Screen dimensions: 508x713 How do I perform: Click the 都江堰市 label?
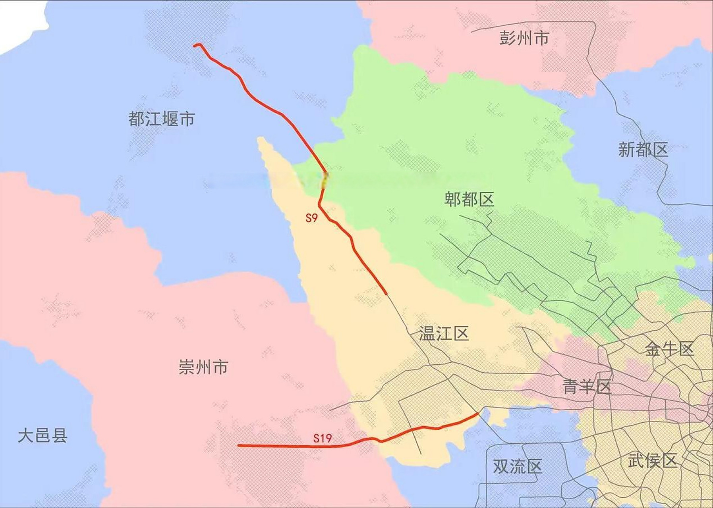[x=161, y=119]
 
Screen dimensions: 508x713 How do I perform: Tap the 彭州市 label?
[x=524, y=38]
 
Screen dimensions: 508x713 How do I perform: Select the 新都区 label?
[x=643, y=150]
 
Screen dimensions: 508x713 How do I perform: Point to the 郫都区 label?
[x=469, y=199]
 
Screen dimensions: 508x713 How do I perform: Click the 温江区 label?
[x=444, y=333]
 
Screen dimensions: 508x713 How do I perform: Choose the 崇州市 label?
[x=203, y=367]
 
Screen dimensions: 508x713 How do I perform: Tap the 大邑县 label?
[x=43, y=435]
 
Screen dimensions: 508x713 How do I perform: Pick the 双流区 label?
[x=517, y=466]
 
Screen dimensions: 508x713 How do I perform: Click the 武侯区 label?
[x=652, y=461]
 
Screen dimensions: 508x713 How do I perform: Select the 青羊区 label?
[x=587, y=387]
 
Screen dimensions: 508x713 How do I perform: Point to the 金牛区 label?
[x=669, y=349]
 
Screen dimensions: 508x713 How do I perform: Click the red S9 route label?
[x=311, y=218]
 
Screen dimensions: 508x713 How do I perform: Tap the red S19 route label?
[x=322, y=438]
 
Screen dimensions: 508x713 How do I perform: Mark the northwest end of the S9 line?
[x=195, y=46]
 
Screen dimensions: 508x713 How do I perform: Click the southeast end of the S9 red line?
[x=386, y=294]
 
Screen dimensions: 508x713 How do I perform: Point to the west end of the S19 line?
[x=239, y=445]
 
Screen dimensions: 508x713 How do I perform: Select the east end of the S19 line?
[x=477, y=414]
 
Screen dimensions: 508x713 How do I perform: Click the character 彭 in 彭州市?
[x=507, y=38]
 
